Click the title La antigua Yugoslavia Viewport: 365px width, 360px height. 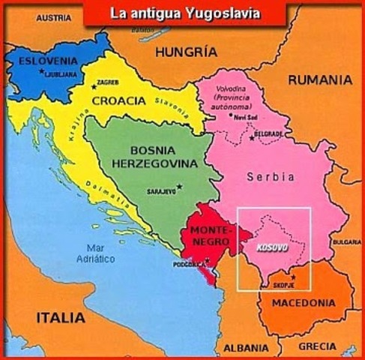point(184,13)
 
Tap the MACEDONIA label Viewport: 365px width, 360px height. point(303,304)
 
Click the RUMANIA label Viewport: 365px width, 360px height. point(320,79)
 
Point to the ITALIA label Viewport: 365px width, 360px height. point(61,318)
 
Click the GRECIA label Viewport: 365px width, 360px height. point(318,346)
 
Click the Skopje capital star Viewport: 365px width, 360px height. point(294,277)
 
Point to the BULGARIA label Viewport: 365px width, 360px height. point(347,242)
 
